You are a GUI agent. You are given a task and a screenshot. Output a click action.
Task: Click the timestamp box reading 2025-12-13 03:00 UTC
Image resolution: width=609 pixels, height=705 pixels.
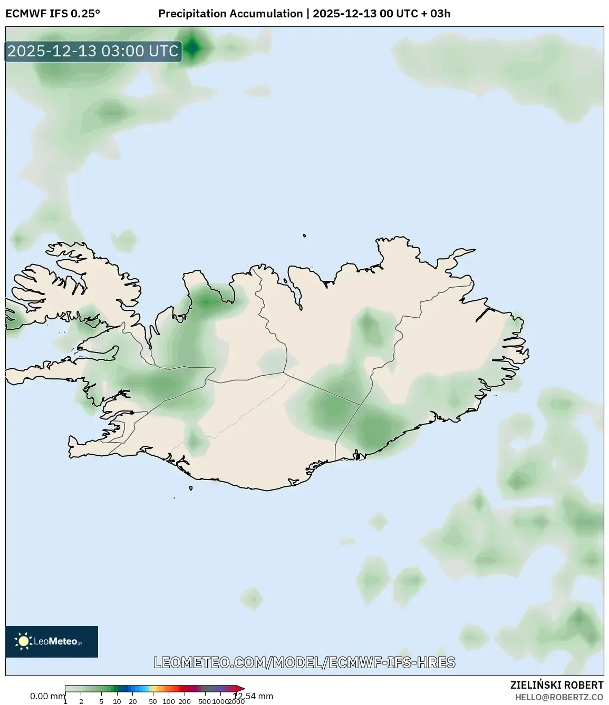[93, 51]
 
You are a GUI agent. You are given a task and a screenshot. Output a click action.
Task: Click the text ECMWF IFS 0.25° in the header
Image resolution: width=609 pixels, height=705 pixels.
[53, 14]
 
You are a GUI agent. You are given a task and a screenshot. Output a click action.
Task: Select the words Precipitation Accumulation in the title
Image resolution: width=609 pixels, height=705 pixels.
[230, 14]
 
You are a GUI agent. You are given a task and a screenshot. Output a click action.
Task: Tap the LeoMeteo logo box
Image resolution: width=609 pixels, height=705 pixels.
[52, 641]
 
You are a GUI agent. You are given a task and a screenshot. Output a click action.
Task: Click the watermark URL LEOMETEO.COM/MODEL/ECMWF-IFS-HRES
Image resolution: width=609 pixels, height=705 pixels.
[304, 662]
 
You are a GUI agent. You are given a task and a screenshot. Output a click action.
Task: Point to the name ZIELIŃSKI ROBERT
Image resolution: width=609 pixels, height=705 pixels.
[556, 685]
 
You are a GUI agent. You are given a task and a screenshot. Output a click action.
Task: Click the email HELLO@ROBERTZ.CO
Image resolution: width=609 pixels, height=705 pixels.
[559, 697]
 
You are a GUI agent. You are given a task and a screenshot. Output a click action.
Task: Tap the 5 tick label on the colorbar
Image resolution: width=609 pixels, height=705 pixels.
[101, 701]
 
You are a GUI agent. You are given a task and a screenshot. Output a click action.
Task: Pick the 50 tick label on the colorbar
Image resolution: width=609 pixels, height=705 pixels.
[153, 701]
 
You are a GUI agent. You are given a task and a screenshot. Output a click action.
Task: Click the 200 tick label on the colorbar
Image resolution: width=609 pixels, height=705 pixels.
[185, 701]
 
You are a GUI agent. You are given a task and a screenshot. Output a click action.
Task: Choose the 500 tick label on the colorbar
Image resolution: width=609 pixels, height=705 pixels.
[205, 701]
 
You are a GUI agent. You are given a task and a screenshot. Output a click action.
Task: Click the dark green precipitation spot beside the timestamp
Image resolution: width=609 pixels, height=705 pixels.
[193, 48]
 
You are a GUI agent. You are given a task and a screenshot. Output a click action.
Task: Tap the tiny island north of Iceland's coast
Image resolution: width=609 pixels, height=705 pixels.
[305, 236]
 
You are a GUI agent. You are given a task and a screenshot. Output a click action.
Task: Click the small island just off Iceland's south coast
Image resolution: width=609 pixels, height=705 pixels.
[191, 488]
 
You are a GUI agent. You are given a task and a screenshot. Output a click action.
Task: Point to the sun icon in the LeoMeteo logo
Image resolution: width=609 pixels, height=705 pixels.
[24, 641]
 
